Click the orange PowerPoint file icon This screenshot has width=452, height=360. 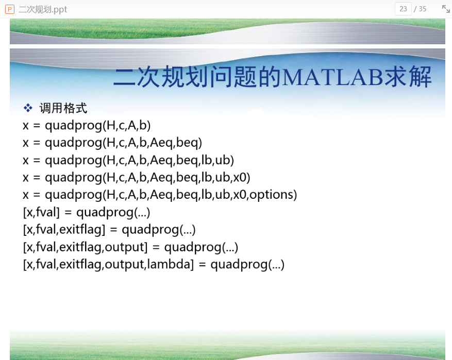pos(10,9)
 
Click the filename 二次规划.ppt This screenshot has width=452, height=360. pos(43,9)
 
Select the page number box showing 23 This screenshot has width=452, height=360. pos(403,9)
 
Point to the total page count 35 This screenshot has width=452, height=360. pos(422,9)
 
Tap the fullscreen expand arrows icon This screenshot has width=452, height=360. pos(446,9)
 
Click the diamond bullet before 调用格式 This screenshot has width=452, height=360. pos(28,108)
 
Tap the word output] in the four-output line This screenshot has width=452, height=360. pos(126,247)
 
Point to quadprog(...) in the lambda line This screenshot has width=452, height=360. pos(247,265)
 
